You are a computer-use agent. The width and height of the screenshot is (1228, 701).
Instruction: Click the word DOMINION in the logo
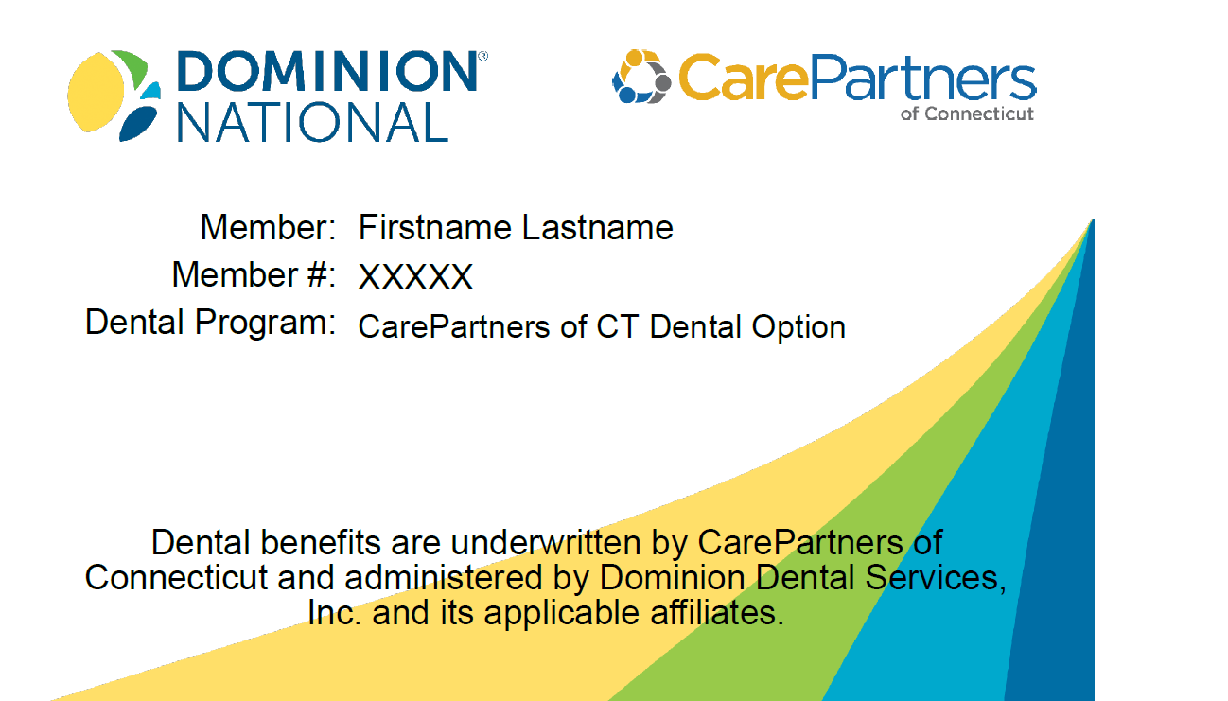pyautogui.click(x=327, y=71)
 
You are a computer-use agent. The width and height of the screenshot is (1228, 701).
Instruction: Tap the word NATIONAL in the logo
pyautogui.click(x=313, y=123)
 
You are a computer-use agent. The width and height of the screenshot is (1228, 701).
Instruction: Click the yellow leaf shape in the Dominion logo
pyautogui.click(x=96, y=92)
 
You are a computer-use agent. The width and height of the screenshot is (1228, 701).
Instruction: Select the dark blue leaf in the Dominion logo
pyautogui.click(x=137, y=123)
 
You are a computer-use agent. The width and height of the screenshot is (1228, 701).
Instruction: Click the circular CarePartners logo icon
pyautogui.click(x=641, y=77)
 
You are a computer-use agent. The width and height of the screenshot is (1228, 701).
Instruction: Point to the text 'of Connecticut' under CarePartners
pyautogui.click(x=967, y=114)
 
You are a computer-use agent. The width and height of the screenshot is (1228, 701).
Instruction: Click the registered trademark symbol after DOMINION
pyautogui.click(x=483, y=56)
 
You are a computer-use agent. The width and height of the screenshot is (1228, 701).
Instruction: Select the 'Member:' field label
pyautogui.click(x=268, y=227)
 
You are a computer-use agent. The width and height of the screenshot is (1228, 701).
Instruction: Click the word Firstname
pyautogui.click(x=434, y=227)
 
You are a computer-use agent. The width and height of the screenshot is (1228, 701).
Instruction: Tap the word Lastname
pyautogui.click(x=598, y=227)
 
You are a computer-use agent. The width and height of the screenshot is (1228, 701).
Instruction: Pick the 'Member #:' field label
pyautogui.click(x=254, y=274)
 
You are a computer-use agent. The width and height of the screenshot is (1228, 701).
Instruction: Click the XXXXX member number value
pyautogui.click(x=415, y=277)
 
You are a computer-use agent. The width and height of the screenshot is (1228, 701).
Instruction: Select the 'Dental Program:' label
pyautogui.click(x=210, y=323)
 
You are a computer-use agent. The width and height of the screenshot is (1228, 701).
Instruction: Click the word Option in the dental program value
pyautogui.click(x=798, y=327)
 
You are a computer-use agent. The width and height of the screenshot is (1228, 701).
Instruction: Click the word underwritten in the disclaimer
pyautogui.click(x=546, y=543)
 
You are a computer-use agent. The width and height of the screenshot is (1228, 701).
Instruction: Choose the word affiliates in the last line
pyautogui.click(x=717, y=613)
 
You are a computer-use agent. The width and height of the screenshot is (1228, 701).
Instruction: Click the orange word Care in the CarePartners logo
pyautogui.click(x=744, y=78)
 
